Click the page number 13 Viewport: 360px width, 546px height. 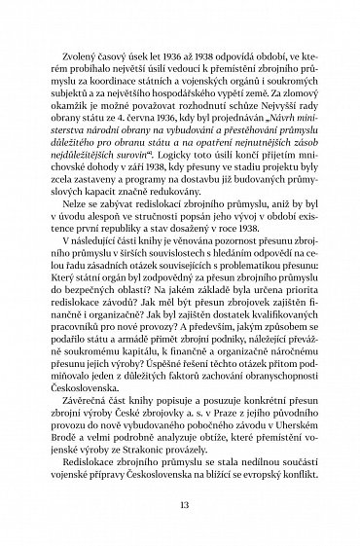point(180,506)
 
